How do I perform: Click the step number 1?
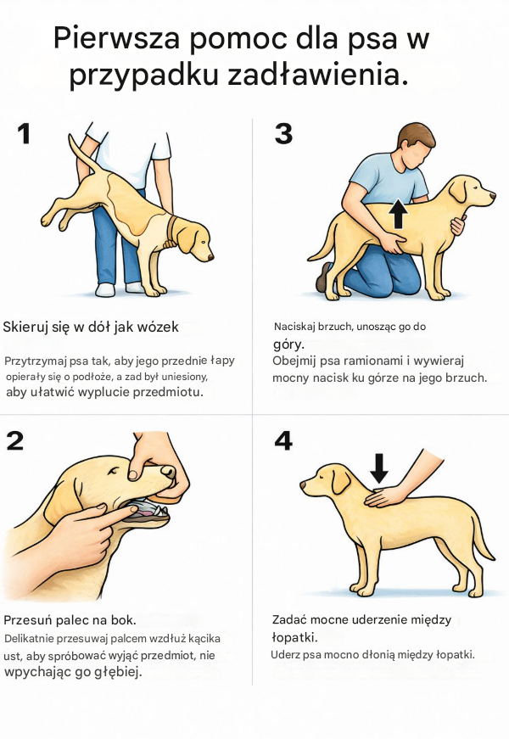click(x=24, y=133)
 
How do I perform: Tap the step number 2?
click(x=15, y=440)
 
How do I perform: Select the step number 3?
click(x=283, y=133)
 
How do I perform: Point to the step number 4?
click(x=283, y=440)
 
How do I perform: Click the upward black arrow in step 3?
click(x=399, y=214)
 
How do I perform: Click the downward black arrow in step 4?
click(x=379, y=468)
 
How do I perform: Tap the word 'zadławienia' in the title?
click(x=318, y=75)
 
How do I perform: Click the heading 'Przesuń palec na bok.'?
click(x=70, y=619)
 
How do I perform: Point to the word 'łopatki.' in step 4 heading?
click(x=295, y=637)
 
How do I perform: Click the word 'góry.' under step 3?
click(x=289, y=344)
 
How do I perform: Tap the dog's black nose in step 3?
click(x=493, y=194)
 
